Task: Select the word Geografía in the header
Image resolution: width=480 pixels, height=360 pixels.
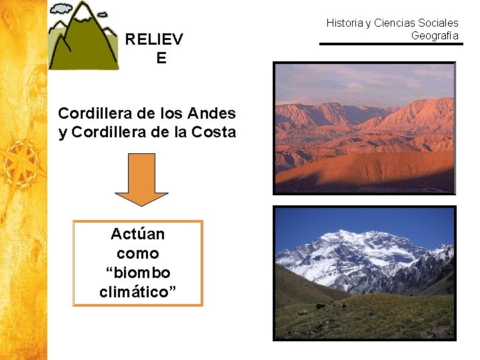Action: (435, 35)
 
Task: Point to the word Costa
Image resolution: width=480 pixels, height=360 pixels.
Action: (215, 132)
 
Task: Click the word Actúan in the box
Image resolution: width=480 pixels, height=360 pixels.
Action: (137, 234)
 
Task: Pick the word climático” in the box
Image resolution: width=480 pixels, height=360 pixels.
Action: (137, 292)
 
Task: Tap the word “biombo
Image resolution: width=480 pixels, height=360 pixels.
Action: (137, 273)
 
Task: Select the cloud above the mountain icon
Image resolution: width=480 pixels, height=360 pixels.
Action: (61, 9)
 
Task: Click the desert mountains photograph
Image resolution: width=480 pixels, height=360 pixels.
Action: (364, 127)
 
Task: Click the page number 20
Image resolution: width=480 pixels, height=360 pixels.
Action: (435, 335)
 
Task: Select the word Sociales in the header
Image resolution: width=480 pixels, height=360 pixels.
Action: (437, 23)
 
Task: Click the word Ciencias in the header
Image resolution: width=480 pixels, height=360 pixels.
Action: (395, 23)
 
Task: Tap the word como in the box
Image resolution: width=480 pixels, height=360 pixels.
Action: (137, 253)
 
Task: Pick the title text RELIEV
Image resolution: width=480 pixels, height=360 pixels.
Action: (154, 39)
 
